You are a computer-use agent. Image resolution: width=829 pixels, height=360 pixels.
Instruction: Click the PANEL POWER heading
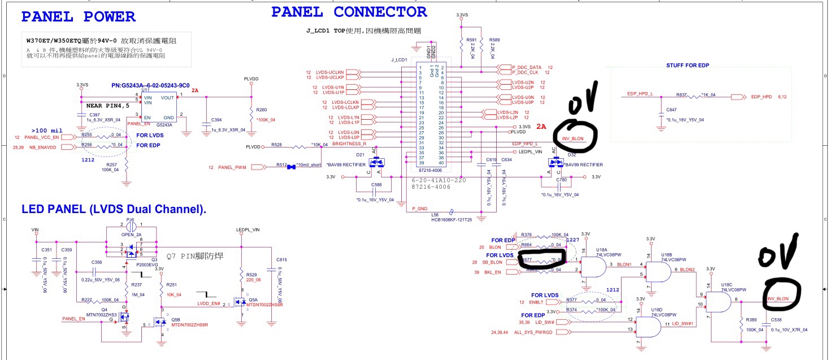coord(78,17)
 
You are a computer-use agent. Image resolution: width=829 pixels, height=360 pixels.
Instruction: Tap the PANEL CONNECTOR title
coord(349,11)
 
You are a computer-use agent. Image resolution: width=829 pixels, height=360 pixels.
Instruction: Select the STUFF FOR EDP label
coord(687,66)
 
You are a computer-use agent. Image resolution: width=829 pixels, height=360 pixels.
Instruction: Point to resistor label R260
coord(262,110)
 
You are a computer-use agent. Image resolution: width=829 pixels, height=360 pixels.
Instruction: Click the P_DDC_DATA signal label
coord(526,67)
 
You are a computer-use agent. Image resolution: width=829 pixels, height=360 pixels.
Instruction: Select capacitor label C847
coord(671,110)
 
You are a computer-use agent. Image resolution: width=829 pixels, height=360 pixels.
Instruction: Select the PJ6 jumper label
coord(131,219)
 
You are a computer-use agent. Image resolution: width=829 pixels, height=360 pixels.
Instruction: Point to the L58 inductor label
coord(435,215)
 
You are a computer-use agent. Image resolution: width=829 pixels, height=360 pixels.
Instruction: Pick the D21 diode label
coord(360,154)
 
